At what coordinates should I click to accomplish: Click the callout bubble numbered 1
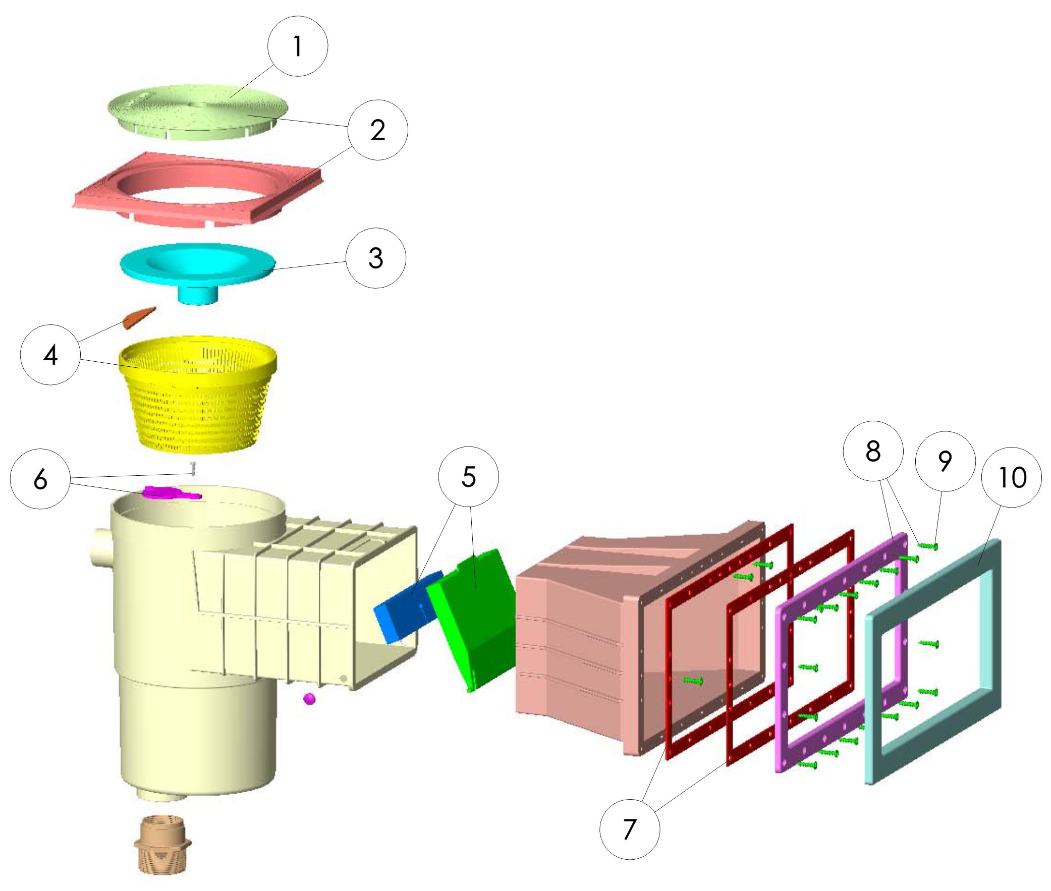(298, 46)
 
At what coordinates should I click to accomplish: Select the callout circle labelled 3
(376, 258)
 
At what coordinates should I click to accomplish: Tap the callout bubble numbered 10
(1012, 477)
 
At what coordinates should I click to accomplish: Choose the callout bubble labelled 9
(945, 461)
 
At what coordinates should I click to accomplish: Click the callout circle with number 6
(40, 479)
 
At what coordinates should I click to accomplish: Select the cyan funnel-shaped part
(198, 273)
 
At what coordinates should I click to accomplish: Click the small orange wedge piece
(139, 318)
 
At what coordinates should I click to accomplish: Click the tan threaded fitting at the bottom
(162, 845)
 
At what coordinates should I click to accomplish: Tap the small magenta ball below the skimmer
(309, 699)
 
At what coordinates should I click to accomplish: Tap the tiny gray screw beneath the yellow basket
(192, 468)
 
